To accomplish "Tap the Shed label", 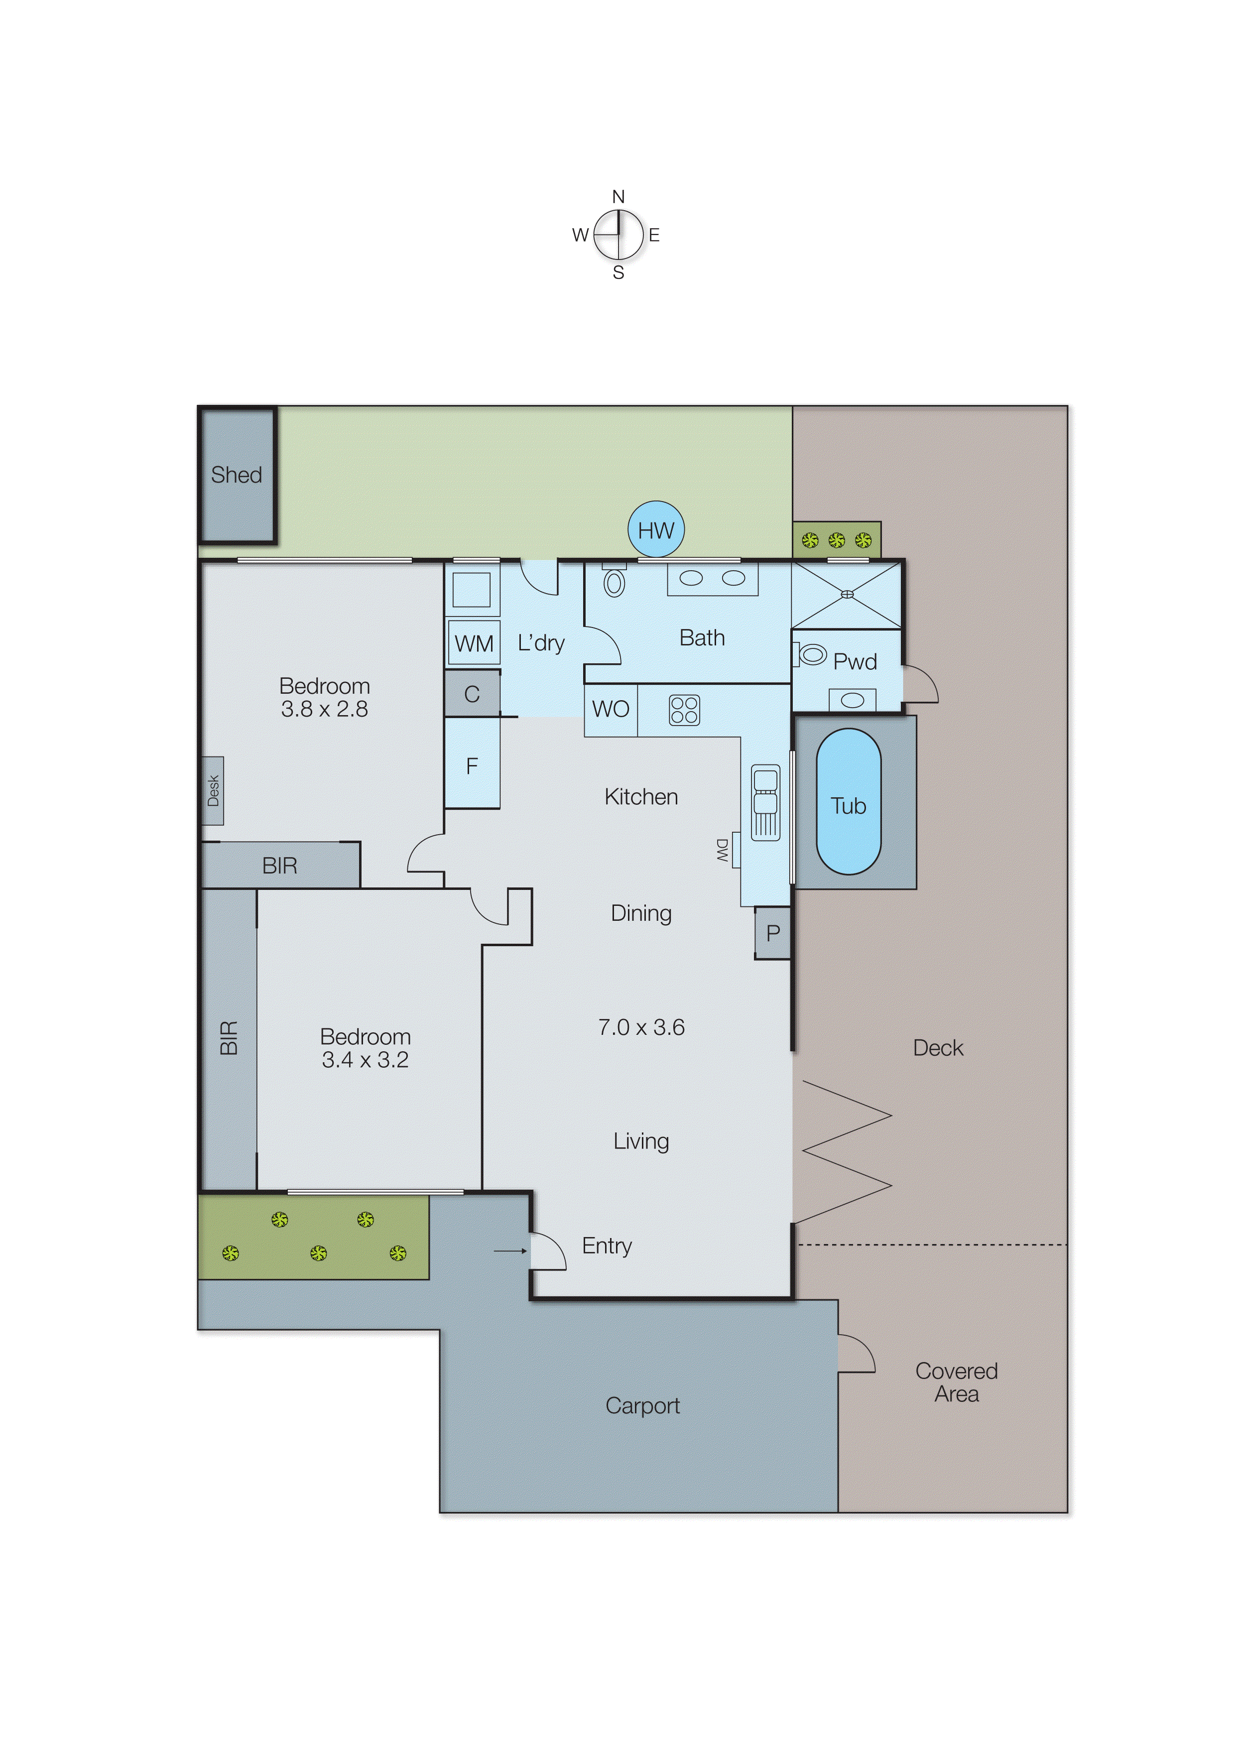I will point(236,475).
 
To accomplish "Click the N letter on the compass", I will point(618,197).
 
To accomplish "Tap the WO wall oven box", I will point(610,709).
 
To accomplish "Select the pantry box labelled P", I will point(772,933).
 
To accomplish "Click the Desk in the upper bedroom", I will point(213,790).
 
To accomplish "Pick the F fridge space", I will point(472,765).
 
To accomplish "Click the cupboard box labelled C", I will point(472,694).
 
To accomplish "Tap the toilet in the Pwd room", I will point(811,654).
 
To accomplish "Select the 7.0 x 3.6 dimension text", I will point(641,1027).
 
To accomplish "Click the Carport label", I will point(642,1405).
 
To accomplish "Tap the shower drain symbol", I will point(847,594).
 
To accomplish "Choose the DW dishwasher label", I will point(722,850).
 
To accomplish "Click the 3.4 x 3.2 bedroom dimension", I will point(365,1060).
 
